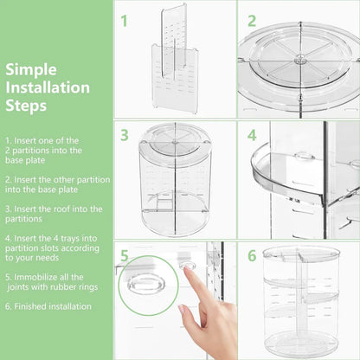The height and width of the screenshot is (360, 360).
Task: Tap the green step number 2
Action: point(252,21)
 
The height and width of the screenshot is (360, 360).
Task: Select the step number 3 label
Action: point(125,135)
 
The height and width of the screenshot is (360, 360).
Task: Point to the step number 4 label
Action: point(252,135)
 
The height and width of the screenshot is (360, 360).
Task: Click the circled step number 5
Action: point(126,255)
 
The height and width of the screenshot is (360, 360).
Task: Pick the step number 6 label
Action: point(252,255)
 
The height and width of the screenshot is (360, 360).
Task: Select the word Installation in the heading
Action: point(48,87)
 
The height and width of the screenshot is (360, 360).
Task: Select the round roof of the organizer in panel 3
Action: point(176,140)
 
